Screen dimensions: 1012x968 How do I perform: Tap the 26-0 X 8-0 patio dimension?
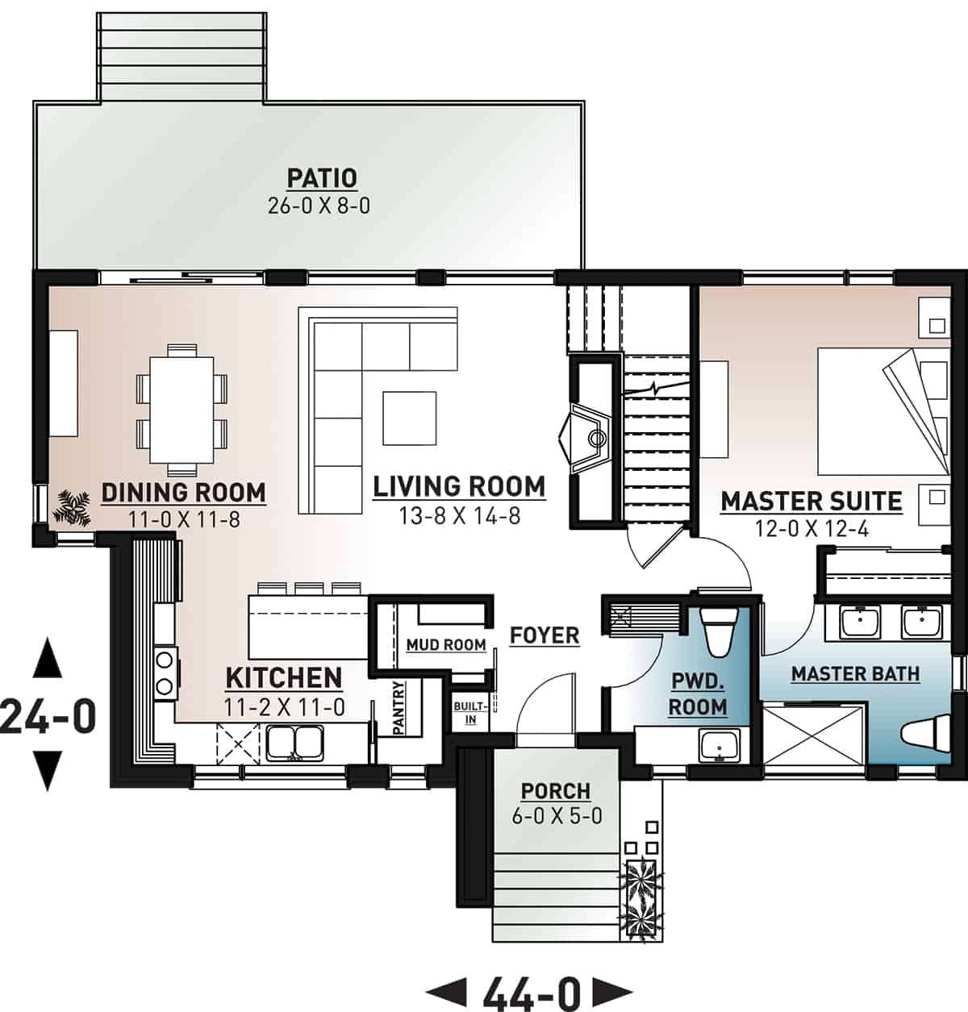tap(319, 206)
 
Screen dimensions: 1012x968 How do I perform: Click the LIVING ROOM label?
tap(459, 486)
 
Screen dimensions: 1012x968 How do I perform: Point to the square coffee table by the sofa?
tap(410, 418)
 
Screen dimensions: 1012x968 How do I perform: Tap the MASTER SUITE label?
tap(811, 501)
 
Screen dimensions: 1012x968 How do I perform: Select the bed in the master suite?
tap(879, 411)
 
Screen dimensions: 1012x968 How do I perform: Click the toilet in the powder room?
tap(717, 633)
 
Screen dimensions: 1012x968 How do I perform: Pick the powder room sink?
tap(719, 745)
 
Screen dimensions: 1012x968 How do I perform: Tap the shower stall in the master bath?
tap(814, 733)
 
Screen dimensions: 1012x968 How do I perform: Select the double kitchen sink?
tap(295, 742)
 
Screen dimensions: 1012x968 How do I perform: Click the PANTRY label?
tap(398, 707)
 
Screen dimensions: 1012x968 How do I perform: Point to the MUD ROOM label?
tap(445, 645)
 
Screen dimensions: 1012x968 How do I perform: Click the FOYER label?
tap(544, 635)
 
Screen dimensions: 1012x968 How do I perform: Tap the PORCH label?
tap(556, 791)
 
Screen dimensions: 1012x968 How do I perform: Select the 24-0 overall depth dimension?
tap(48, 716)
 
